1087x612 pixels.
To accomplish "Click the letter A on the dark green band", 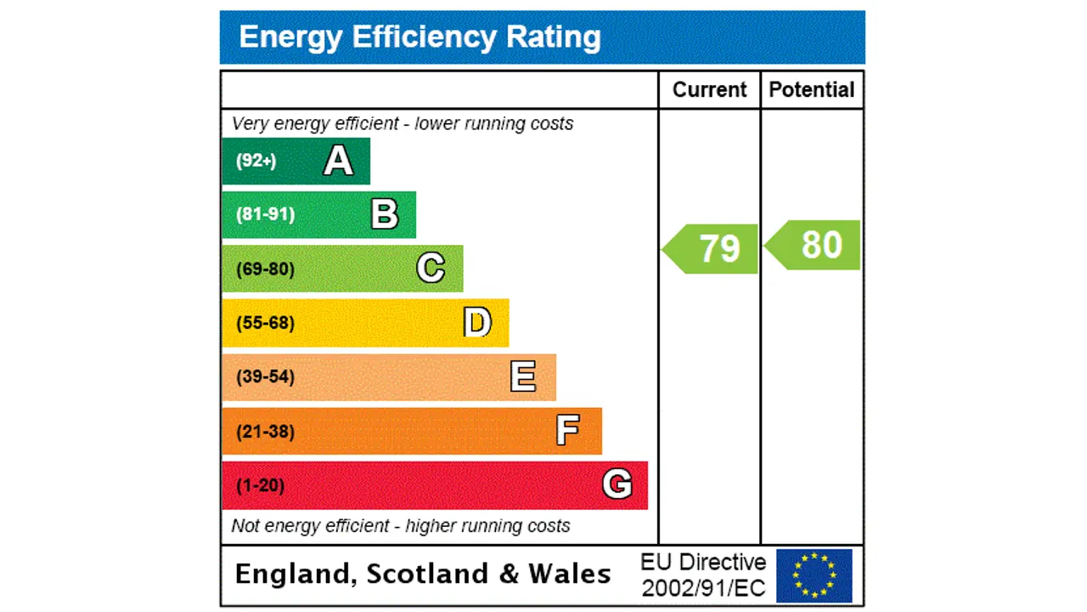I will pyautogui.click(x=338, y=161).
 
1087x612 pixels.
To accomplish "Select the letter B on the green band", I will pyautogui.click(x=385, y=215).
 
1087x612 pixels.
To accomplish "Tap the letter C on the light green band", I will pyautogui.click(x=431, y=269).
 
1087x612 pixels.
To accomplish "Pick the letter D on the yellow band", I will pyautogui.click(x=477, y=323).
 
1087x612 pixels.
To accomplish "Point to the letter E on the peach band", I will pyautogui.click(x=523, y=377).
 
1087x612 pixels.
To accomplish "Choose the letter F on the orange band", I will pyautogui.click(x=568, y=431).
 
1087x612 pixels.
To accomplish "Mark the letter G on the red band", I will pyautogui.click(x=617, y=484).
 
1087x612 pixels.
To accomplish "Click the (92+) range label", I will pyautogui.click(x=256, y=161).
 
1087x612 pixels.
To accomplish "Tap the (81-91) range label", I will pyautogui.click(x=265, y=214).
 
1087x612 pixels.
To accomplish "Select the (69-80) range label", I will pyautogui.click(x=265, y=269).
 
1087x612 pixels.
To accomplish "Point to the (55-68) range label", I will pyautogui.click(x=265, y=323).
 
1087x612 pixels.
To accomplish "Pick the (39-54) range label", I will pyautogui.click(x=265, y=377).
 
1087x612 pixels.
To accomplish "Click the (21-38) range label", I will pyautogui.click(x=265, y=431).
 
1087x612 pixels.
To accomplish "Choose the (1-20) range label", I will pyautogui.click(x=260, y=485).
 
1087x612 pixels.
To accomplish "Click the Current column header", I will pyautogui.click(x=709, y=90).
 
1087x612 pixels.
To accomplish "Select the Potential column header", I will pyautogui.click(x=812, y=90).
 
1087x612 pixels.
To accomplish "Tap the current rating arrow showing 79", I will pyautogui.click(x=711, y=249).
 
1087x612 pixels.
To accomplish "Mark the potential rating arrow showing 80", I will pyautogui.click(x=814, y=245).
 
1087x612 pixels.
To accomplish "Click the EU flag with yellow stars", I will pyautogui.click(x=814, y=575).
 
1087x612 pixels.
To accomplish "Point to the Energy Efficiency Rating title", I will pyautogui.click(x=420, y=37).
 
